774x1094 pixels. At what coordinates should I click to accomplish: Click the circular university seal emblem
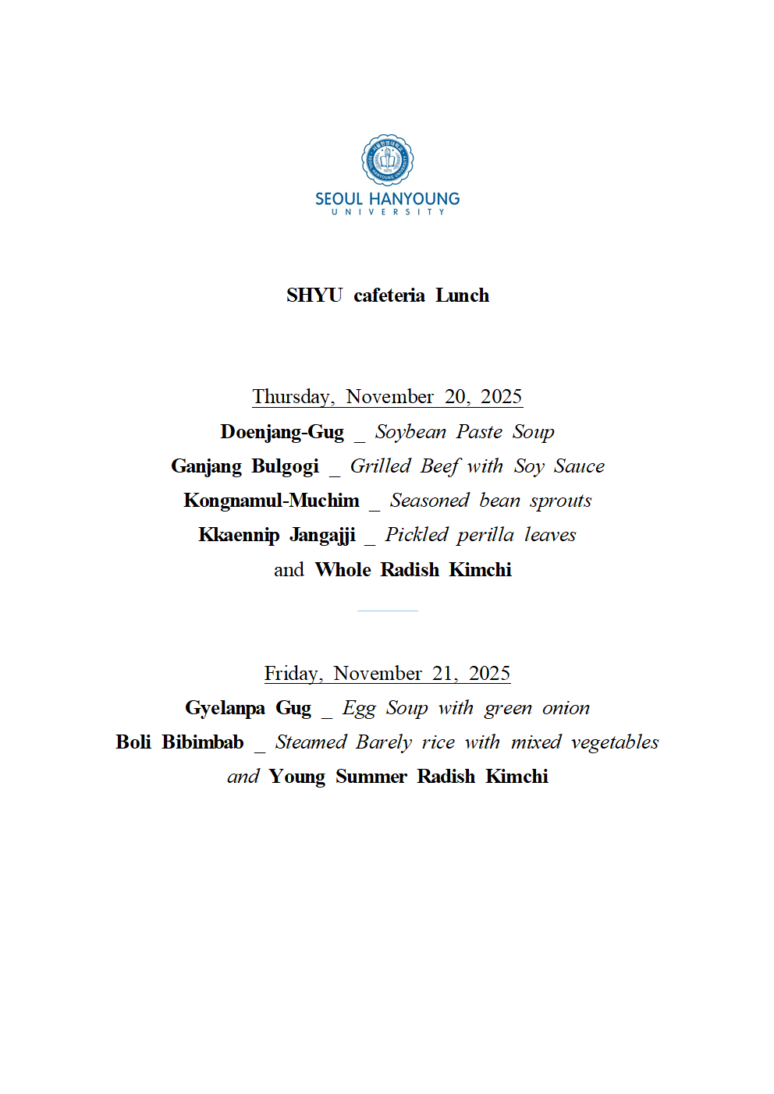tap(387, 160)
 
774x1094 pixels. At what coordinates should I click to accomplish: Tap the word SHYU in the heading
tap(314, 296)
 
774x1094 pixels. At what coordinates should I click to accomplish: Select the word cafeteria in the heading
tap(389, 296)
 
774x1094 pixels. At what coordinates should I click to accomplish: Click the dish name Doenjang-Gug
tap(282, 432)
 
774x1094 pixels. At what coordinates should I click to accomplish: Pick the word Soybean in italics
tap(410, 432)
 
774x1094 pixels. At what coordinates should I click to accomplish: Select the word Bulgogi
tap(285, 466)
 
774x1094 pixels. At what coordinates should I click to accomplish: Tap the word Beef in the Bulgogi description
tap(440, 466)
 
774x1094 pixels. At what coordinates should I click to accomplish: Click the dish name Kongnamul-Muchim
tap(272, 501)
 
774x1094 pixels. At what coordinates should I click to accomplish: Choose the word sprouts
tap(560, 501)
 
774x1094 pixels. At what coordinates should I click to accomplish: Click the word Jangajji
tap(322, 535)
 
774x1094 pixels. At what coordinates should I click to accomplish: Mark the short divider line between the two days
tap(387, 611)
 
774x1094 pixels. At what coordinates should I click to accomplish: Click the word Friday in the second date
tap(293, 674)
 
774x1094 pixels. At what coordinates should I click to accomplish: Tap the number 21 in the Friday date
tap(444, 674)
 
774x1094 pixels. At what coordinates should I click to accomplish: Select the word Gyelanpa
tap(225, 708)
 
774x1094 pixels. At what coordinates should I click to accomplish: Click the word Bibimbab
tap(203, 742)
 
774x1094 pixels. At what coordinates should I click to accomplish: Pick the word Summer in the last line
tap(371, 777)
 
